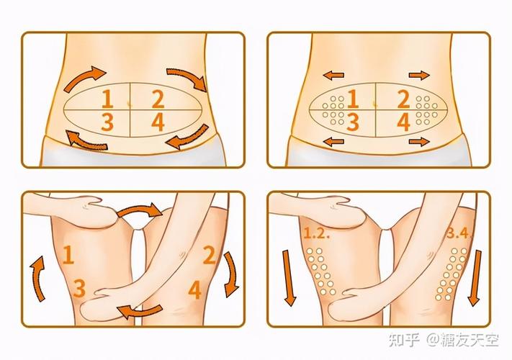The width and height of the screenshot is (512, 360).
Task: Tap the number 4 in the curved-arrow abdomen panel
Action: click(x=158, y=122)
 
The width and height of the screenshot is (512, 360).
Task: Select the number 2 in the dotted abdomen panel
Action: click(x=403, y=99)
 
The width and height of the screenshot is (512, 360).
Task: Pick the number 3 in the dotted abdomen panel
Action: click(x=353, y=122)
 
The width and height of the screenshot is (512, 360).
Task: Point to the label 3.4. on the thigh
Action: click(x=459, y=233)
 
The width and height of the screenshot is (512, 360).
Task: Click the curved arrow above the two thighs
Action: click(x=141, y=212)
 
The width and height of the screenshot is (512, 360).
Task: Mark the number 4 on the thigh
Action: click(x=194, y=289)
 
